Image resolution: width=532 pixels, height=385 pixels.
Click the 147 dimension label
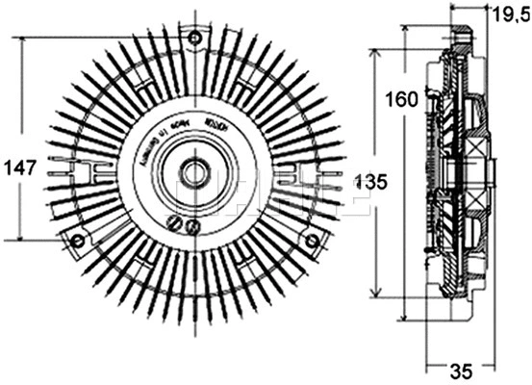[19, 167]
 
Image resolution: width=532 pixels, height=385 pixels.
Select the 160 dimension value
[402, 98]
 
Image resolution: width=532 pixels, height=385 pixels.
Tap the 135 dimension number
[373, 181]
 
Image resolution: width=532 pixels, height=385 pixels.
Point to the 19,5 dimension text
[510, 13]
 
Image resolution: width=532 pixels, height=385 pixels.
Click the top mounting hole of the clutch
[195, 38]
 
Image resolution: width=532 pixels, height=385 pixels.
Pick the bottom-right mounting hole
[313, 241]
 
